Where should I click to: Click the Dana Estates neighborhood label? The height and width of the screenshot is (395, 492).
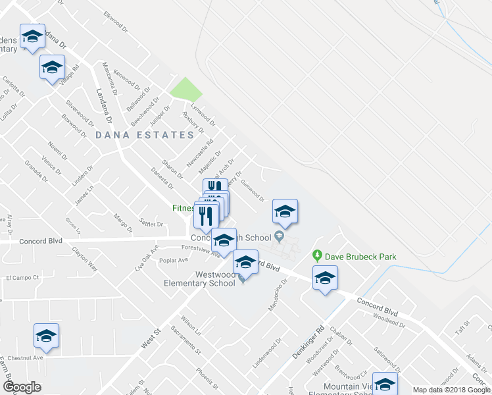pyautogui.click(x=144, y=135)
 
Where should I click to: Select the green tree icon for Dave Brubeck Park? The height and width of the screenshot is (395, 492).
pyautogui.click(x=316, y=255)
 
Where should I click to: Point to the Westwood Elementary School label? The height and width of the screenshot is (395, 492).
pyautogui.click(x=199, y=278)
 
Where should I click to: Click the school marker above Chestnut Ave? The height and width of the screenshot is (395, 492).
pyautogui.click(x=47, y=336)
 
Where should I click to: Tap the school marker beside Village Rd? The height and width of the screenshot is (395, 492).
pyautogui.click(x=53, y=67)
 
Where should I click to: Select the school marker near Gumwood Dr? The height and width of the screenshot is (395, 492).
pyautogui.click(x=285, y=211)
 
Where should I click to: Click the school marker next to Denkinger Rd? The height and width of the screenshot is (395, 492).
pyautogui.click(x=325, y=278)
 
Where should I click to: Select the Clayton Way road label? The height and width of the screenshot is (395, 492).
pyautogui.click(x=85, y=259)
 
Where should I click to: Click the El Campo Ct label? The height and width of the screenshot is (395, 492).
pyautogui.click(x=23, y=278)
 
